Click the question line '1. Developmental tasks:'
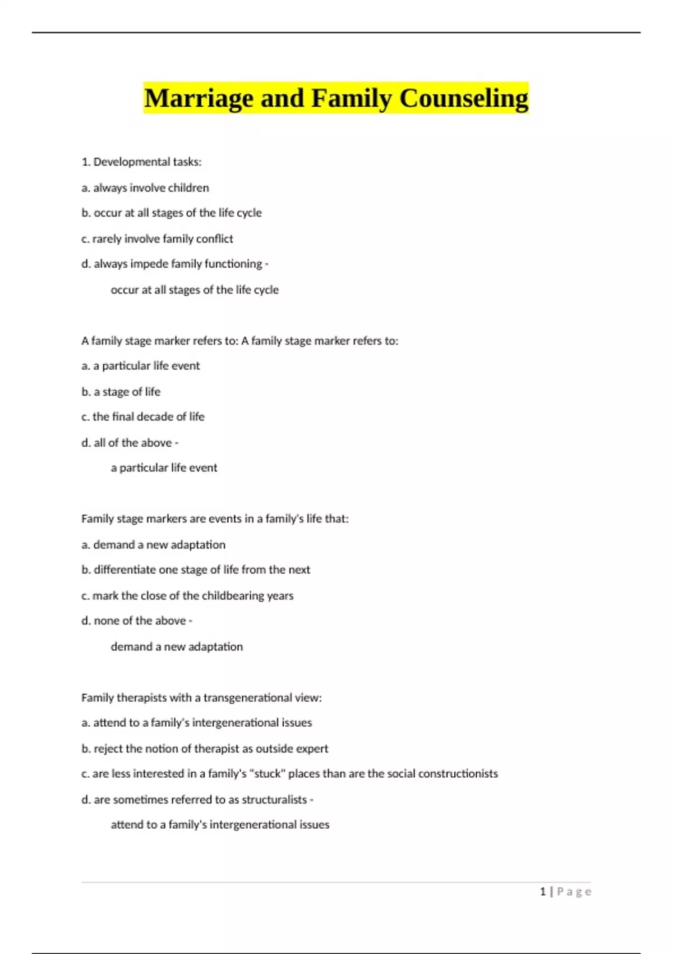141,162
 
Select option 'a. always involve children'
145,188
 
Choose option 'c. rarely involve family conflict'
157,239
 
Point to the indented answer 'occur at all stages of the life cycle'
195,290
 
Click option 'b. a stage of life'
121,392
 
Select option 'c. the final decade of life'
143,417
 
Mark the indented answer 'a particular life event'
164,468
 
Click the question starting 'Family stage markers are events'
215,519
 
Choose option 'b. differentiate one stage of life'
196,570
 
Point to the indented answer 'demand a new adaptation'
177,647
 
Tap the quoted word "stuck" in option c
268,774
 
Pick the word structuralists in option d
274,800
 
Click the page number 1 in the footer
543,892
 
